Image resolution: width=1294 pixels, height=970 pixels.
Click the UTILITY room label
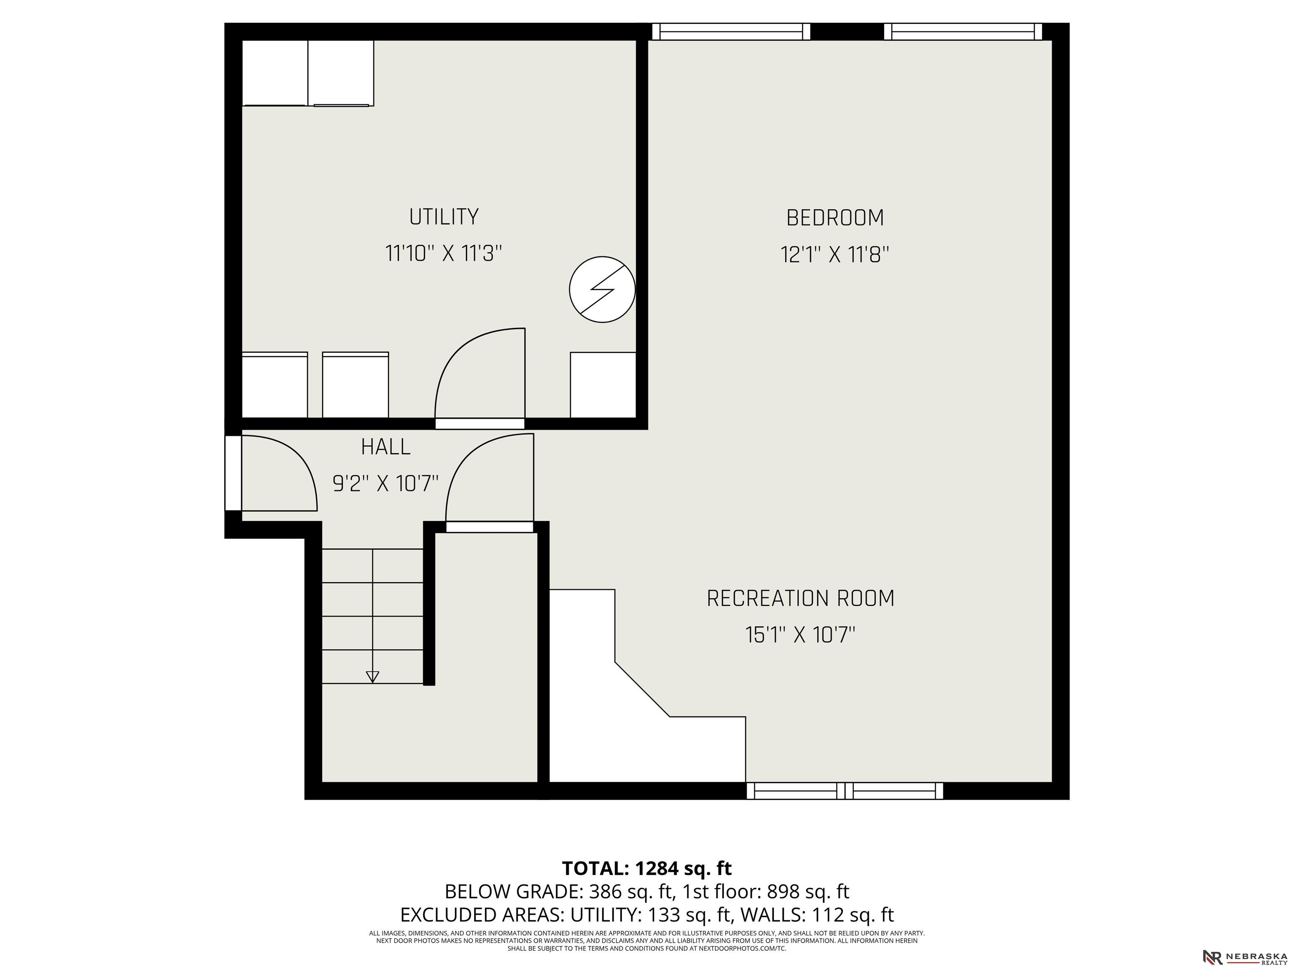444,217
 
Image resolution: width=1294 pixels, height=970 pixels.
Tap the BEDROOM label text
835,218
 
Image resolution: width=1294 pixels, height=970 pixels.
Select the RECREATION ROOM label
800,598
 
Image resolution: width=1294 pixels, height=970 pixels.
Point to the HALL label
385,447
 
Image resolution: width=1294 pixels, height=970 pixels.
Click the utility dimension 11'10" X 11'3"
444,254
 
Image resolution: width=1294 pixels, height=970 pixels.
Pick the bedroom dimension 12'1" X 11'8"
835,255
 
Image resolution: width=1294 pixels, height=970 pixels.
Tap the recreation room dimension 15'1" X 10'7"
800,635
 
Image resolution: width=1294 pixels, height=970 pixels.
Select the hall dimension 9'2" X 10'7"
385,484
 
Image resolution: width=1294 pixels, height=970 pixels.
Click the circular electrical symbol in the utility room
602,289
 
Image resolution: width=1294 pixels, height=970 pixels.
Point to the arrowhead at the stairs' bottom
372,677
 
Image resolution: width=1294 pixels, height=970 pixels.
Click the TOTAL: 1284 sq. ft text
647,868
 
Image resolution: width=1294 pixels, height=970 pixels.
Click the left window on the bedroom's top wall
731,32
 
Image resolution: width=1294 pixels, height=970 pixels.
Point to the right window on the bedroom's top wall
963,32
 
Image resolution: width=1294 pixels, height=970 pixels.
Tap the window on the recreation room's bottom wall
845,791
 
